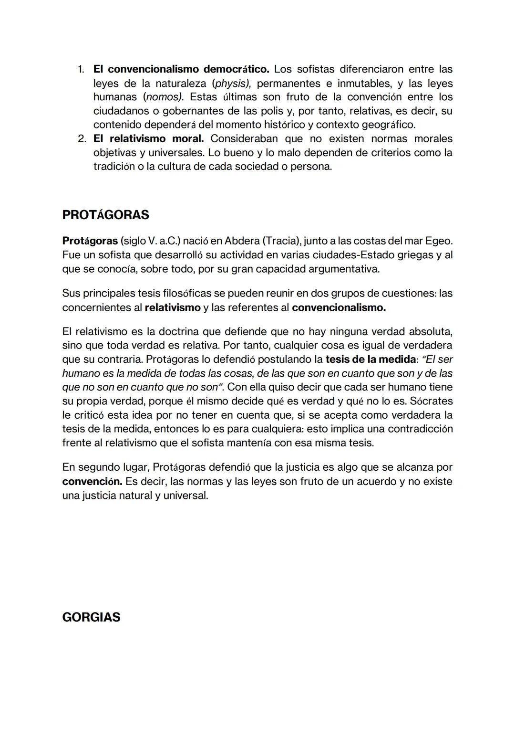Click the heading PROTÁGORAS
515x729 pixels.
click(105, 215)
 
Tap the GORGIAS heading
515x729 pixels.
click(91, 617)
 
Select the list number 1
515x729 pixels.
click(81, 70)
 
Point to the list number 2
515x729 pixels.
click(81, 139)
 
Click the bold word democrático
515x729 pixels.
click(237, 70)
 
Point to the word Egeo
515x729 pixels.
click(438, 241)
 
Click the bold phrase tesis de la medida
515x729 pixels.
click(371, 359)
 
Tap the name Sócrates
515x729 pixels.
click(431, 401)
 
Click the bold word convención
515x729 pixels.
click(92, 481)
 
